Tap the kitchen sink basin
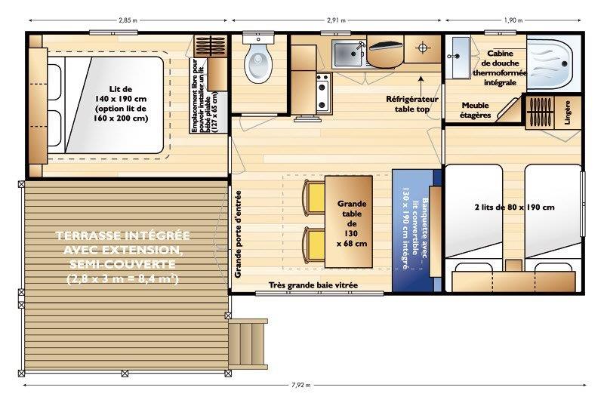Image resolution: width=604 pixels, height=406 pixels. (x=348, y=54)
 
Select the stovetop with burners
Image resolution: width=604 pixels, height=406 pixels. (x=323, y=93)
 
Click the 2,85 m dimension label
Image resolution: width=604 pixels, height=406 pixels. (x=128, y=20)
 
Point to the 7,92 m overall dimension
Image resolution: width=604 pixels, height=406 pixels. (x=300, y=384)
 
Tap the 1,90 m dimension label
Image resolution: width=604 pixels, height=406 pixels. (x=513, y=20)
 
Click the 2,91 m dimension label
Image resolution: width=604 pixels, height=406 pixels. (x=336, y=20)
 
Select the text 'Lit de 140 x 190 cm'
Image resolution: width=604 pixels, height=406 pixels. (x=121, y=94)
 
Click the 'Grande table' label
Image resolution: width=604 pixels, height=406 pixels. (x=352, y=208)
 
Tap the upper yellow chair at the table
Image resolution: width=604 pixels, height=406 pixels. (x=315, y=198)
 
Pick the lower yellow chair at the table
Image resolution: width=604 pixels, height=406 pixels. (x=315, y=245)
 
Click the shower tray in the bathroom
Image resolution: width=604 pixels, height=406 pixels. (x=553, y=63)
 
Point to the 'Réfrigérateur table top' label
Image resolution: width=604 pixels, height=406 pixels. (x=412, y=104)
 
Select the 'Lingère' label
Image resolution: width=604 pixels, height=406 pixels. (x=568, y=112)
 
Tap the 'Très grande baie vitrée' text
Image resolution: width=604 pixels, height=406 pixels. (x=313, y=285)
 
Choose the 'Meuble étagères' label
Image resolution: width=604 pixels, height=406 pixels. (x=476, y=110)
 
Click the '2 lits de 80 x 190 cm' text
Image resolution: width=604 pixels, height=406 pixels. (x=515, y=208)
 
